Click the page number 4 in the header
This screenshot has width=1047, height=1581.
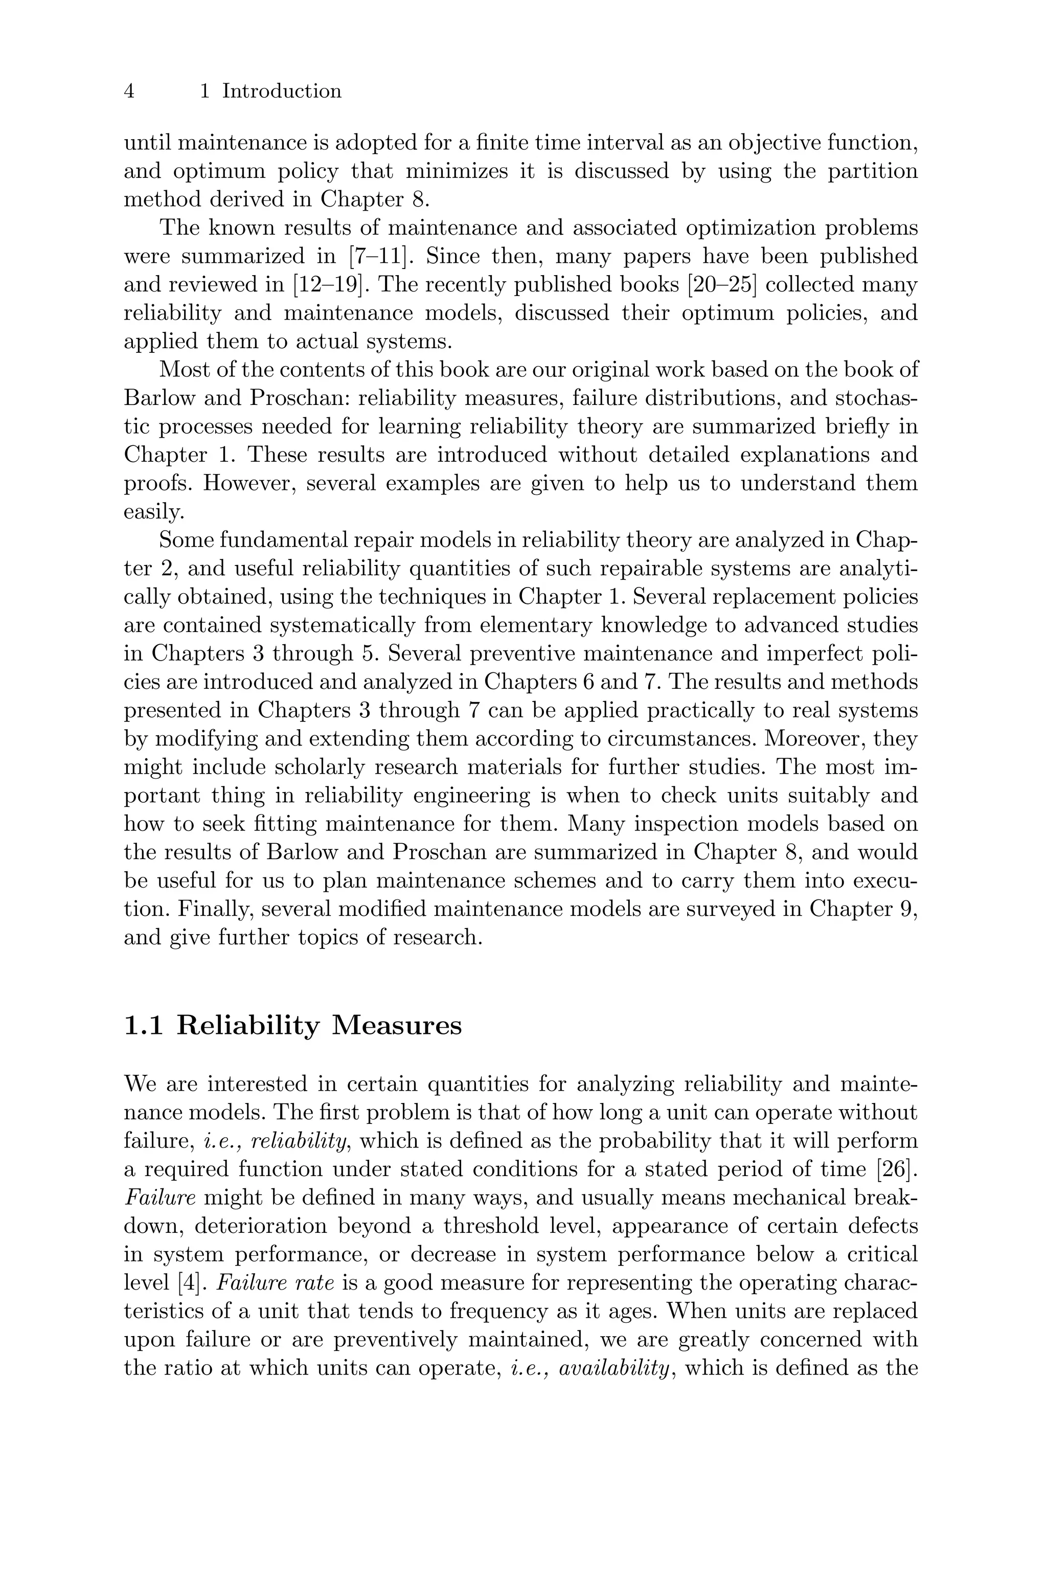(x=129, y=91)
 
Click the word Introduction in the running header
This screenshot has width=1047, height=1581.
(x=282, y=91)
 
